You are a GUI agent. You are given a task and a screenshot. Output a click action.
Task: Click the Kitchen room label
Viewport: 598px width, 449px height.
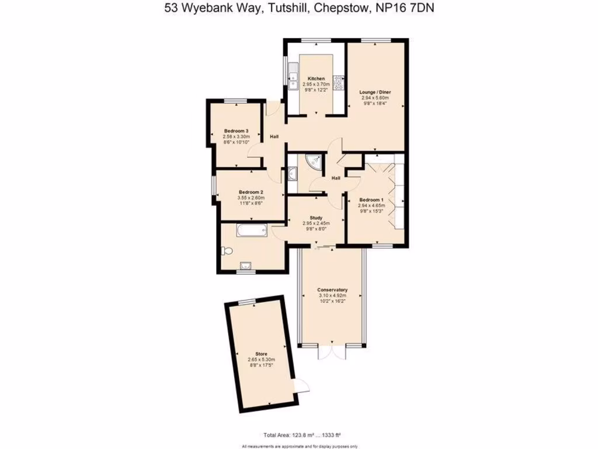coord(316,78)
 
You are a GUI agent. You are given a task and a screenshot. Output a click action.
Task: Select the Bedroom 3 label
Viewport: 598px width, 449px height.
coord(236,131)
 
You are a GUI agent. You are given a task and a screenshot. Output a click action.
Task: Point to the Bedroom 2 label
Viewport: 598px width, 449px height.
coord(251,192)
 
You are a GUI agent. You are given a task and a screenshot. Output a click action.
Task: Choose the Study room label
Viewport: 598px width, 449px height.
coord(316,217)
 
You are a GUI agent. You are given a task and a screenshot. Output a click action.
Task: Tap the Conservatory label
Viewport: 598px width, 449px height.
coord(332,290)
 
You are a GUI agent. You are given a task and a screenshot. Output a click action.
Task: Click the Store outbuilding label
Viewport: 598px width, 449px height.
coord(260,353)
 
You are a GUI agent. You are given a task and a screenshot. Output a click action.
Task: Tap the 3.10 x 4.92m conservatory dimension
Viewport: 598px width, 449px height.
coord(332,296)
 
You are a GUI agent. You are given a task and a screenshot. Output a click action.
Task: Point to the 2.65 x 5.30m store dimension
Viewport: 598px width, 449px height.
coord(260,359)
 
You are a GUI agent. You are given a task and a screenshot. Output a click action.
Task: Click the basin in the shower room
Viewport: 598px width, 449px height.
coord(292,173)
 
